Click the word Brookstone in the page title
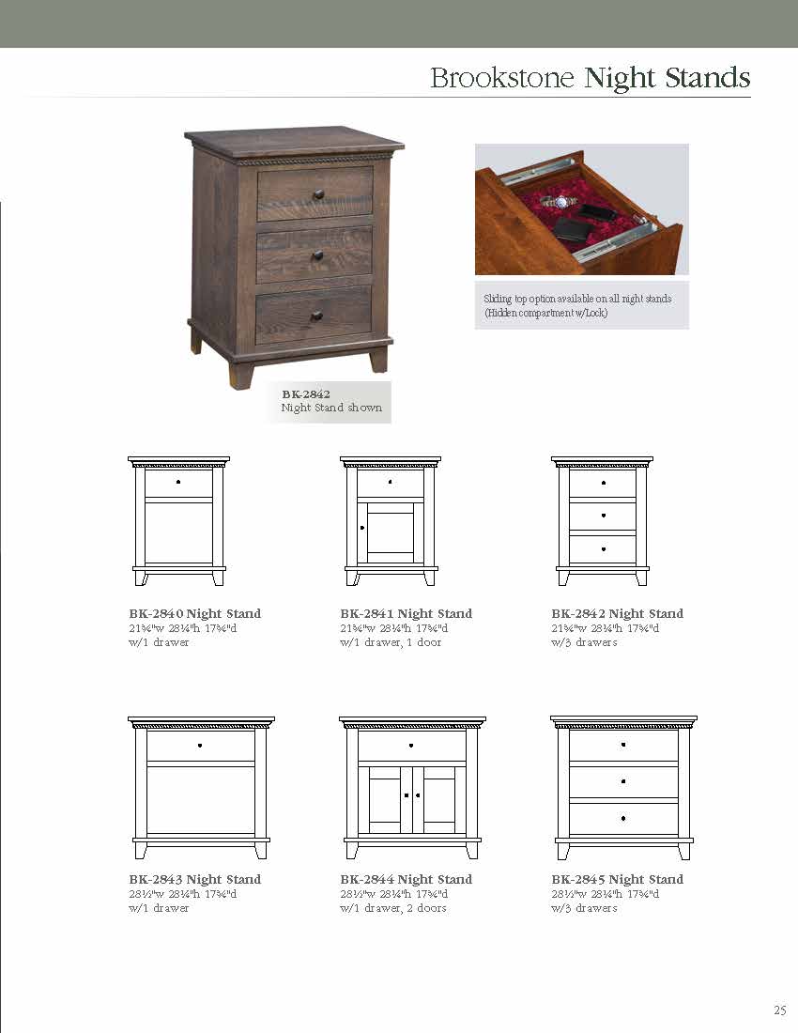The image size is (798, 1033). pyautogui.click(x=501, y=78)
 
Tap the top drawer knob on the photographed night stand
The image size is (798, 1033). pyautogui.click(x=318, y=194)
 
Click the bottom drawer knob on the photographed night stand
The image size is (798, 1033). pyautogui.click(x=316, y=316)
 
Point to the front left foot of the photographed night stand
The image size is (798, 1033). pyautogui.click(x=241, y=374)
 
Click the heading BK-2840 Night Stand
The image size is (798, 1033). pyautogui.click(x=195, y=613)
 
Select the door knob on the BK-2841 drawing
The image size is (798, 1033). pyautogui.click(x=362, y=530)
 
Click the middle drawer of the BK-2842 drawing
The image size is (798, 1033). pyautogui.click(x=603, y=516)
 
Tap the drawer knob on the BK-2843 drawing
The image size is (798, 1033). pyautogui.click(x=200, y=746)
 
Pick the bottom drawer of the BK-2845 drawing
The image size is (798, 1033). pyautogui.click(x=623, y=819)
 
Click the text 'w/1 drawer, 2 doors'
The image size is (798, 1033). pyautogui.click(x=392, y=908)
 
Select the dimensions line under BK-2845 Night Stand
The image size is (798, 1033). pyautogui.click(x=605, y=894)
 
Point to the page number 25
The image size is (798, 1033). pyautogui.click(x=779, y=1010)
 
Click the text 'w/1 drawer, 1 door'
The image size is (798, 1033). pyautogui.click(x=390, y=642)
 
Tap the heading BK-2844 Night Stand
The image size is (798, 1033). pyautogui.click(x=406, y=879)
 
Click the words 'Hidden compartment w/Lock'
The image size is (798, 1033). pyautogui.click(x=545, y=313)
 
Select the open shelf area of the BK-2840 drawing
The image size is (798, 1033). pyautogui.click(x=178, y=532)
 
